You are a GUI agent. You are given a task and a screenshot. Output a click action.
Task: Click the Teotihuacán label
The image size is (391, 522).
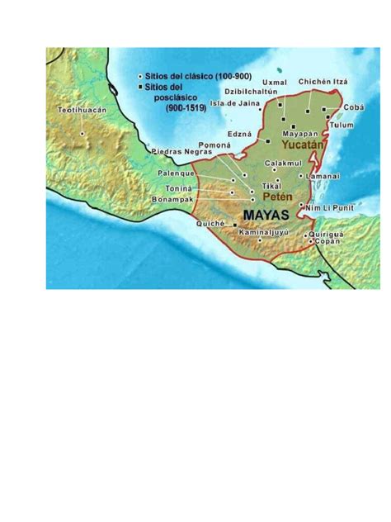82,110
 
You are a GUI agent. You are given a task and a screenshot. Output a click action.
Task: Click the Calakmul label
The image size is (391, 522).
281,163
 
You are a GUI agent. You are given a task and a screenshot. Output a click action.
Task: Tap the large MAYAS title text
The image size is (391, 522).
266,215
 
